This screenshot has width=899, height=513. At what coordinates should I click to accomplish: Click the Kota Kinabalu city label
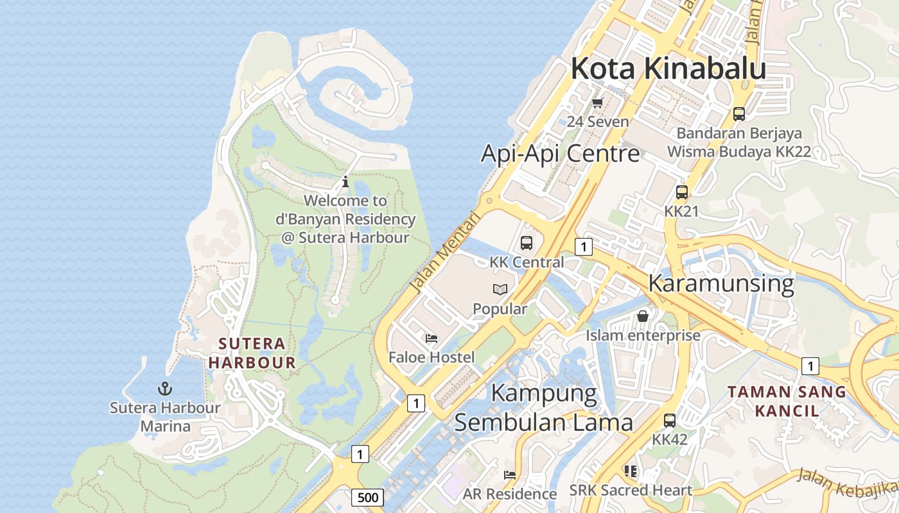click(x=668, y=69)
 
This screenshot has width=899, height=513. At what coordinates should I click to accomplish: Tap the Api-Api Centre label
click(x=560, y=154)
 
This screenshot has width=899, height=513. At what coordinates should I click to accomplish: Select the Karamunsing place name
click(x=721, y=283)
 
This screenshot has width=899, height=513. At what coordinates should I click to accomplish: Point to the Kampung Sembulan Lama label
click(x=544, y=407)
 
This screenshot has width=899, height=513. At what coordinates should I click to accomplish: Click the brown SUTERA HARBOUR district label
click(x=252, y=353)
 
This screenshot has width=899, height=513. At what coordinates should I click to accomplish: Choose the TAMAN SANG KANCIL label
click(x=787, y=401)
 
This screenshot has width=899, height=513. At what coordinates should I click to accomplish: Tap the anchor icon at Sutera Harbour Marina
click(x=165, y=389)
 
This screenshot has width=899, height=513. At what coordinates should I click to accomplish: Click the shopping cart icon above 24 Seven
click(x=598, y=103)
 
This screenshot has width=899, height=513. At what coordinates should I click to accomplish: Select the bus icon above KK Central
click(x=527, y=243)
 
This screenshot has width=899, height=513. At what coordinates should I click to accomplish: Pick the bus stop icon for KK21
click(x=681, y=192)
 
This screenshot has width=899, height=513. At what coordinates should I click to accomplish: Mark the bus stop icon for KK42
click(x=670, y=421)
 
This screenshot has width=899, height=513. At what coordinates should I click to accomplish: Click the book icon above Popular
click(x=500, y=290)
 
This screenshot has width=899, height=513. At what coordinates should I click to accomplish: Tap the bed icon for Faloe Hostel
click(x=432, y=338)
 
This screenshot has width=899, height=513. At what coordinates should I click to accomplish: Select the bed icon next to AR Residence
click(x=510, y=475)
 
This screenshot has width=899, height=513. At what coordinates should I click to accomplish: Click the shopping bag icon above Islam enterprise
click(x=643, y=316)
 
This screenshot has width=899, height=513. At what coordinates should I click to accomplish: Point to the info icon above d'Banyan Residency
click(x=345, y=181)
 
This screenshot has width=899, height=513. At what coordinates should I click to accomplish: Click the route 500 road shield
click(x=367, y=497)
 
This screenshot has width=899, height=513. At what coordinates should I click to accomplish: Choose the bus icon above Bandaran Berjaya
click(x=739, y=114)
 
